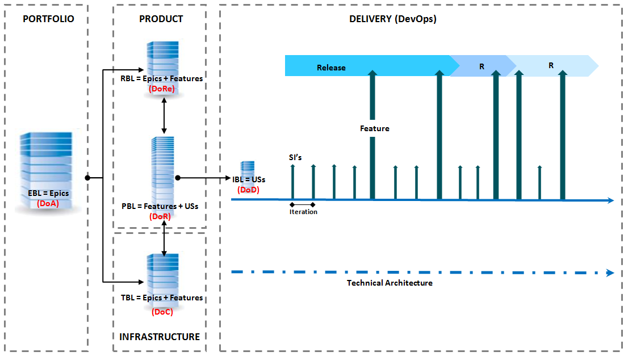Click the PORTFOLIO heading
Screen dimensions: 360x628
(48, 19)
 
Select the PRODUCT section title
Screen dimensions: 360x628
(161, 19)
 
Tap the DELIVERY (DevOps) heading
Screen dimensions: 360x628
(392, 19)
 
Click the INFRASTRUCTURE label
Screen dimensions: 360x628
(160, 337)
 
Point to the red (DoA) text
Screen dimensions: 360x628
(48, 203)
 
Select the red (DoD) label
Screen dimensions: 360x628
(248, 190)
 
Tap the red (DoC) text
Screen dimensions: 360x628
(162, 311)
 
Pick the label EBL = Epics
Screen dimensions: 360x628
(48, 193)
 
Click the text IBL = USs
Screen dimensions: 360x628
(249, 179)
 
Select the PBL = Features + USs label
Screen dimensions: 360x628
(160, 206)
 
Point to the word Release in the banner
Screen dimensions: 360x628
(331, 68)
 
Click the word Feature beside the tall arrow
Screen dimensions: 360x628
(375, 128)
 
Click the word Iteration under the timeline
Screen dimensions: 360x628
(303, 212)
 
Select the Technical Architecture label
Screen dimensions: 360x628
(390, 283)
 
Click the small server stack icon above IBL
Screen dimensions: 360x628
(247, 168)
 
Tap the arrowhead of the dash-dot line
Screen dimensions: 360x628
(610, 273)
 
